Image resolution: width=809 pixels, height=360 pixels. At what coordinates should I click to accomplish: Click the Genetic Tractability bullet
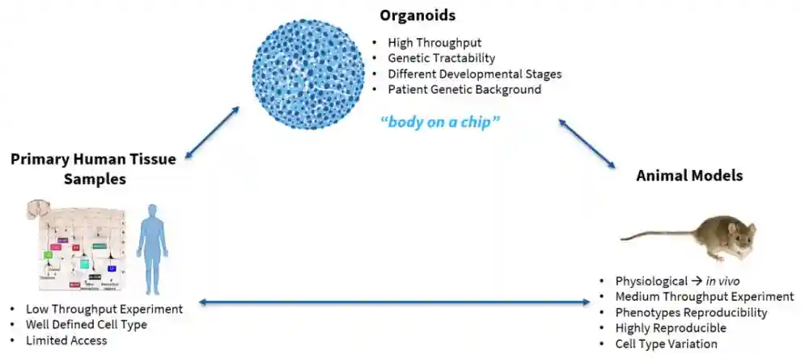pos(442,58)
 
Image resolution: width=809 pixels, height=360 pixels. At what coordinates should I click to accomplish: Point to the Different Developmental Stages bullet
pos(475,74)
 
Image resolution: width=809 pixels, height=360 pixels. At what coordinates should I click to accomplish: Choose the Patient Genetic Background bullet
pos(464,90)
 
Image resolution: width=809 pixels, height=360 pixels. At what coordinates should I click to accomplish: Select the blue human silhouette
pos(151,248)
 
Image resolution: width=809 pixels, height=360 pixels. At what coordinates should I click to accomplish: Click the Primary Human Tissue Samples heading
pos(93,168)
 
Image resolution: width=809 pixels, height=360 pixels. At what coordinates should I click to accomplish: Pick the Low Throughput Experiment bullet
pos(104,309)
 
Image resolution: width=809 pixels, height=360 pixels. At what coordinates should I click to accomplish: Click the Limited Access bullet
pos(66,341)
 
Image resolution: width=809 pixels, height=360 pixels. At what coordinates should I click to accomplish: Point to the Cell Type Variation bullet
pos(666,344)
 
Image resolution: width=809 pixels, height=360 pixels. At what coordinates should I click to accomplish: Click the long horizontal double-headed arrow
pos(394,303)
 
